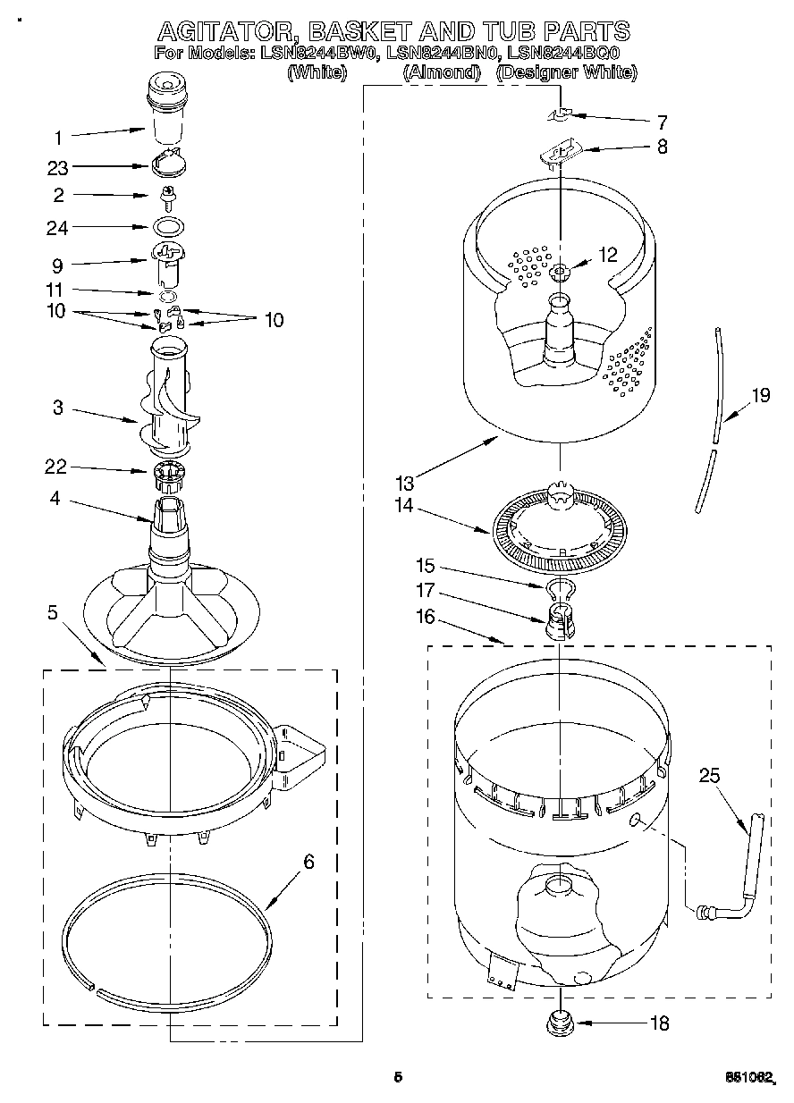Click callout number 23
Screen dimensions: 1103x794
[58, 166]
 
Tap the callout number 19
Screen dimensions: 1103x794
[760, 395]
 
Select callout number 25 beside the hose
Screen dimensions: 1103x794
[709, 776]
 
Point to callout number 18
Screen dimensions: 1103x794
[659, 1023]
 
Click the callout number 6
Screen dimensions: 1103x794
[308, 862]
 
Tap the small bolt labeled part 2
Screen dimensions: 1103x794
[167, 195]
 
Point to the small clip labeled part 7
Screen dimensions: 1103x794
[560, 114]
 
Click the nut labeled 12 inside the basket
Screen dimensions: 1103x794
[560, 271]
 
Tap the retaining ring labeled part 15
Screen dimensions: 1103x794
[559, 587]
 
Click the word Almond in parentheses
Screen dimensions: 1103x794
[442, 73]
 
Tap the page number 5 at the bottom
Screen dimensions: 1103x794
[398, 1077]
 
